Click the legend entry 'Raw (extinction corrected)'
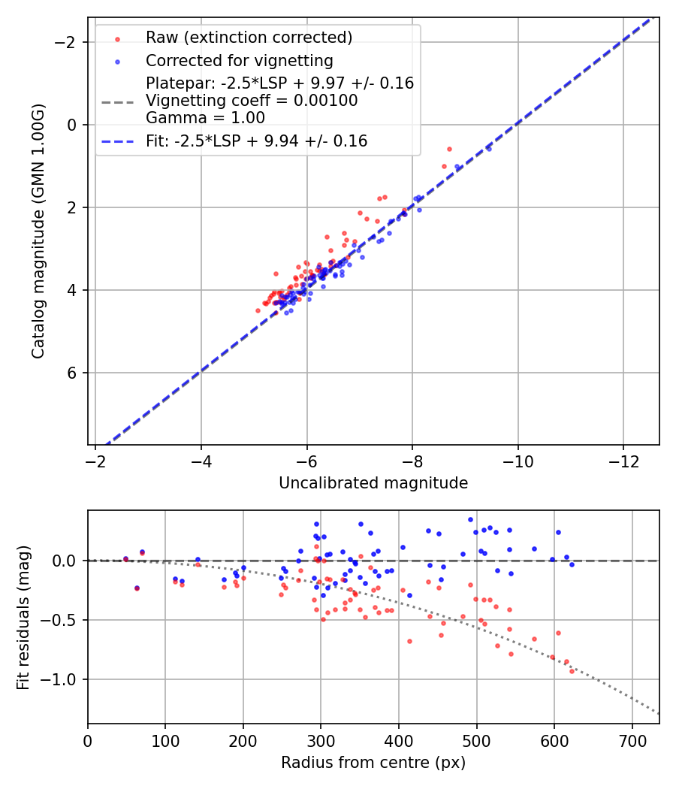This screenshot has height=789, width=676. [249, 38]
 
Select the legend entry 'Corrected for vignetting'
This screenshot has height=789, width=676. [239, 60]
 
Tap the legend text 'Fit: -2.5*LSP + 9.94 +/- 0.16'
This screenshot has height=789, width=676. [256, 141]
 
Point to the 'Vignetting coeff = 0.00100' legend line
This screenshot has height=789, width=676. [252, 101]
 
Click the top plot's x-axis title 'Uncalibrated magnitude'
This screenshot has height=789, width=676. [373, 483]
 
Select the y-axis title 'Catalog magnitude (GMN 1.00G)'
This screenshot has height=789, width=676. [39, 231]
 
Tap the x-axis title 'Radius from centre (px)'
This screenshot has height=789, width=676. [373, 763]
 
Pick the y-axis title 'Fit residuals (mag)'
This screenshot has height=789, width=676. [23, 617]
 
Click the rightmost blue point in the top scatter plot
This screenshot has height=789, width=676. [489, 149]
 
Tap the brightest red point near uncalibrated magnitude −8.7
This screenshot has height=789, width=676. [449, 149]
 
